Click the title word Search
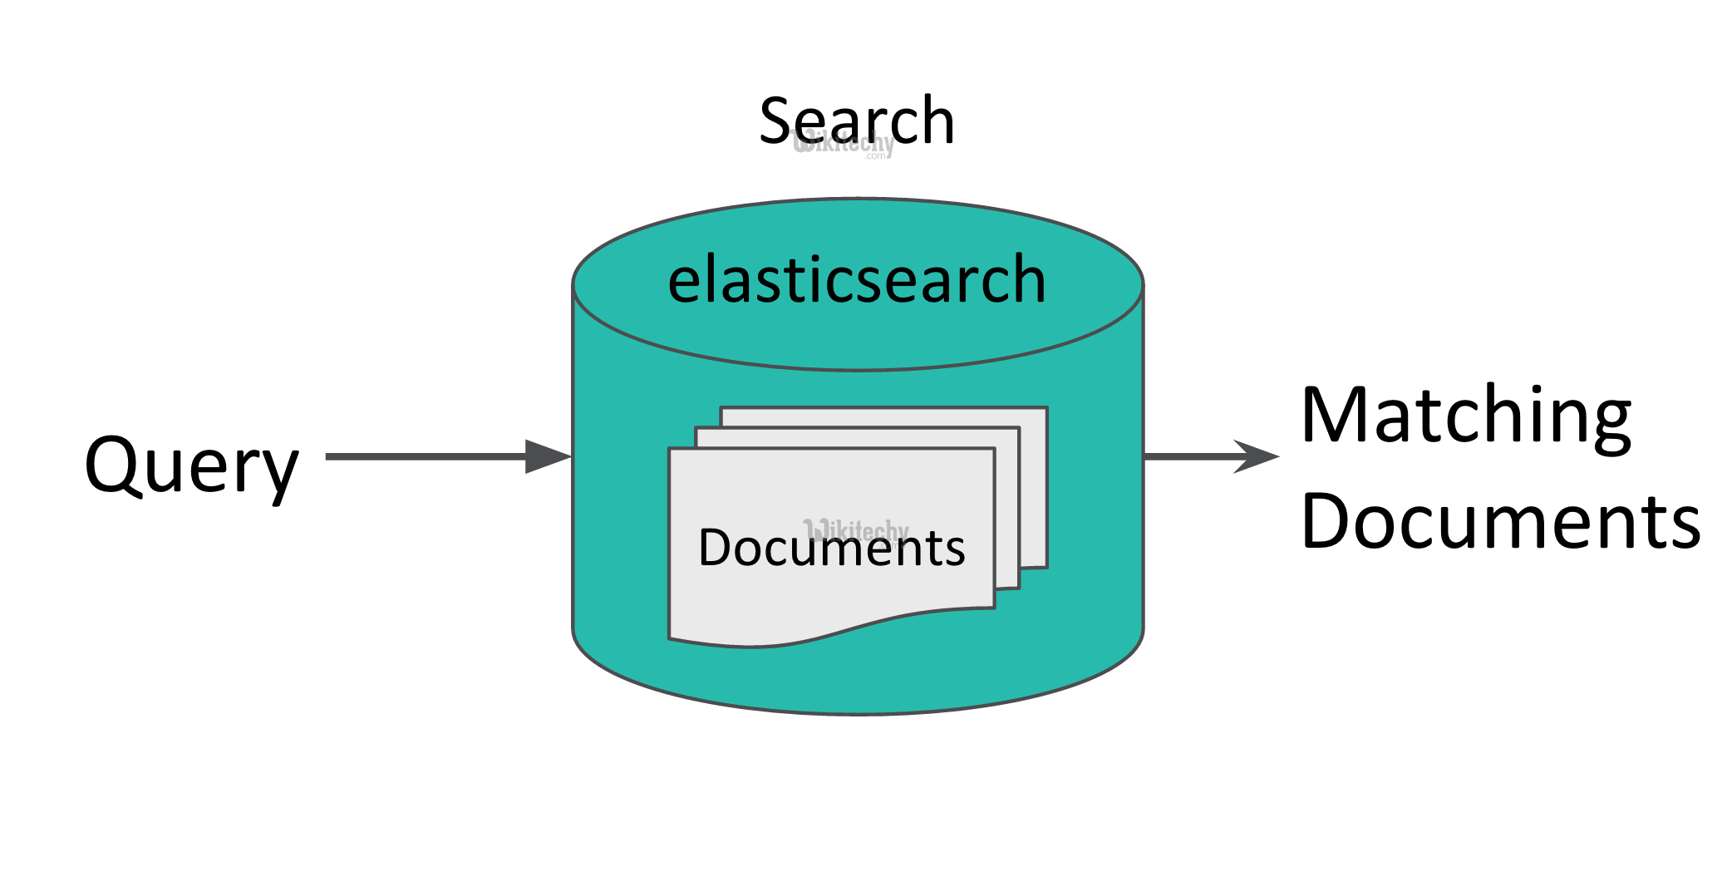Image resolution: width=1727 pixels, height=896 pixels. pyautogui.click(x=856, y=121)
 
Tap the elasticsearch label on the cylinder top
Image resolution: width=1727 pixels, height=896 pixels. pyautogui.click(x=856, y=281)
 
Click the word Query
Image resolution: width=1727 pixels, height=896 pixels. pyautogui.click(x=191, y=465)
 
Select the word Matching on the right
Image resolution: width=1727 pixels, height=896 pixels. pyautogui.click(x=1466, y=416)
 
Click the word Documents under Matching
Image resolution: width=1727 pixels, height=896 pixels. pyautogui.click(x=1500, y=522)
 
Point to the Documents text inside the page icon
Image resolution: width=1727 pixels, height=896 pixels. pyautogui.click(x=831, y=549)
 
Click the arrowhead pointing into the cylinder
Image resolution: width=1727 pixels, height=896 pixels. pyautogui.click(x=549, y=456)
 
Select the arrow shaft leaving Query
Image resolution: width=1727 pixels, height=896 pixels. pyautogui.click(x=424, y=456)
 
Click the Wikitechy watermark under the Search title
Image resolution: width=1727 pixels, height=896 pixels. pyautogui.click(x=844, y=145)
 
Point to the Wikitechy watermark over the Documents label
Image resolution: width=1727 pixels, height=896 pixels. pyautogui.click(x=856, y=529)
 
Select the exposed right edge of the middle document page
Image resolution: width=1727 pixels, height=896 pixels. pyautogui.click(x=1017, y=507)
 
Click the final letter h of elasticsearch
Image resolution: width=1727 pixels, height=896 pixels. pyautogui.click(x=1027, y=279)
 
